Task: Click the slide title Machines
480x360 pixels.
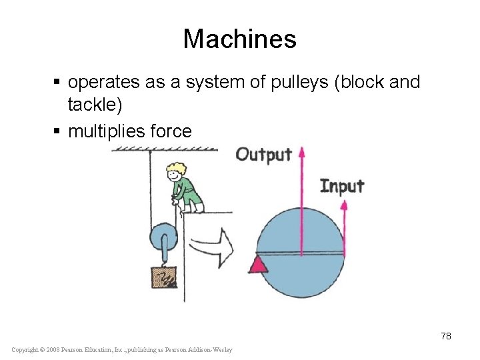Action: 239,39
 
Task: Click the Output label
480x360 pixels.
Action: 263,155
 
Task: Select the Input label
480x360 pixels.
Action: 342,185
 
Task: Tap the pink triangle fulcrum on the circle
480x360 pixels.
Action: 258,265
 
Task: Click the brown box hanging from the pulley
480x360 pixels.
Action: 164,277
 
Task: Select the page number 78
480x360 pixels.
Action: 445,336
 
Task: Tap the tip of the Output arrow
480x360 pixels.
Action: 301,150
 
